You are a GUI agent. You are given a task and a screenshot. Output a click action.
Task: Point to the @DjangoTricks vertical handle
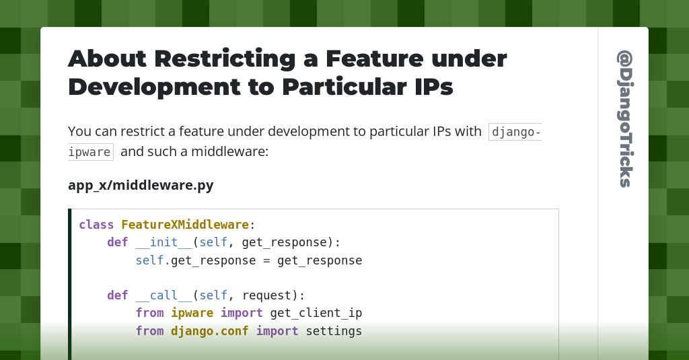click(624, 118)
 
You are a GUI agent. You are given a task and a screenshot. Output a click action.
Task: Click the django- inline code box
click(515, 132)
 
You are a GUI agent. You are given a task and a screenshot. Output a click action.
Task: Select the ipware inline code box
click(90, 152)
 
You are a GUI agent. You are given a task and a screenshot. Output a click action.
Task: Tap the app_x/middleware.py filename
click(141, 185)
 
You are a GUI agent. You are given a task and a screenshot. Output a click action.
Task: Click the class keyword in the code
click(96, 225)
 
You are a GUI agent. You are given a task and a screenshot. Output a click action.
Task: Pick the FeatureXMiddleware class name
click(185, 225)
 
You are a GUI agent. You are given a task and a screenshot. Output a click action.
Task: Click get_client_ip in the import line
click(316, 313)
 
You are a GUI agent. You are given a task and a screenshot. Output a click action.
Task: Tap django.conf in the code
click(209, 331)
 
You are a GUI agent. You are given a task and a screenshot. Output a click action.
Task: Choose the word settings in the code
click(334, 331)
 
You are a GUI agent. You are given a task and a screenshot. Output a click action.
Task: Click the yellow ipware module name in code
click(192, 313)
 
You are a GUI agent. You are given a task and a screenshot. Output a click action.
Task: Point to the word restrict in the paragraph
click(139, 132)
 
